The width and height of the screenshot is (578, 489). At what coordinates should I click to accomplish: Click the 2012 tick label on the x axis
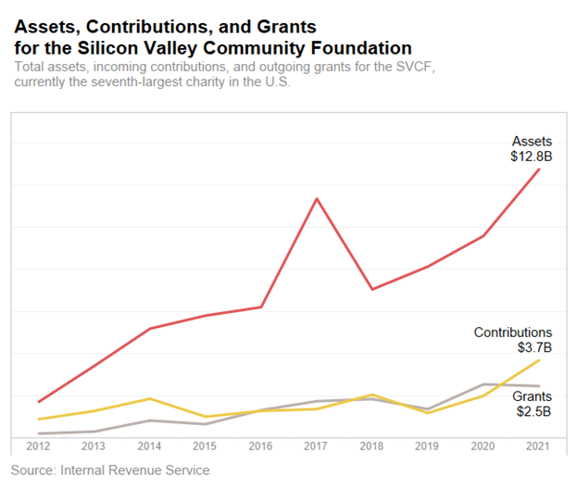38,446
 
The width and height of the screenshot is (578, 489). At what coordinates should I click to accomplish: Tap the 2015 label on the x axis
206,446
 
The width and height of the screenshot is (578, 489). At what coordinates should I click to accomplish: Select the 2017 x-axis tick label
317,446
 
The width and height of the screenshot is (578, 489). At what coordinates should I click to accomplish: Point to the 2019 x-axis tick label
428,446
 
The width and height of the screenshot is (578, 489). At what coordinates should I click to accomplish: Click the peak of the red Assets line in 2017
317,198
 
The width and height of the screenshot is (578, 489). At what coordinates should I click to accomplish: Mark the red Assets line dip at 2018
372,289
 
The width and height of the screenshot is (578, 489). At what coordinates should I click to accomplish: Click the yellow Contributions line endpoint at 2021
539,359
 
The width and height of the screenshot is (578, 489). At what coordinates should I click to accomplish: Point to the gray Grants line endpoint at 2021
539,386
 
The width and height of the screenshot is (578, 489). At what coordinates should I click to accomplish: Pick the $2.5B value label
534,411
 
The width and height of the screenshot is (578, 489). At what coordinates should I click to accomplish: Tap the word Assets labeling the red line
533,142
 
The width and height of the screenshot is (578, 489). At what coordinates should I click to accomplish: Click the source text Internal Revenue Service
135,470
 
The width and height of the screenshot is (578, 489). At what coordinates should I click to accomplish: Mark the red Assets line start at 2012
38,402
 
